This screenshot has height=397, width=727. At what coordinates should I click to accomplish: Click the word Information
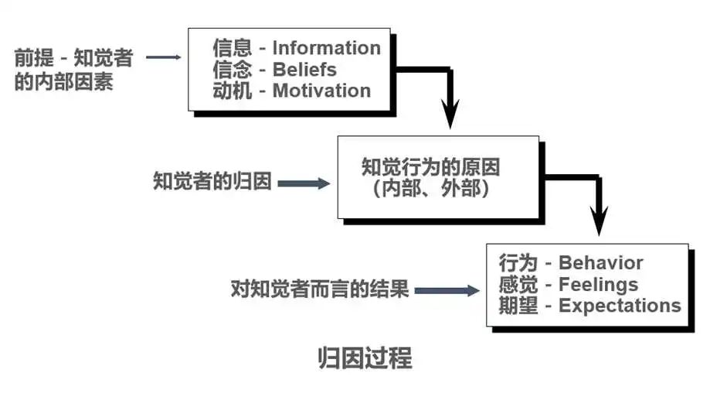point(326,48)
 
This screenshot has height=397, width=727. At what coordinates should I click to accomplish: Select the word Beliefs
point(304,69)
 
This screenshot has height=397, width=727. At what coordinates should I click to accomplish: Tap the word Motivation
point(321,91)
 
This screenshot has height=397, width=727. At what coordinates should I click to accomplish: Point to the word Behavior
point(600,263)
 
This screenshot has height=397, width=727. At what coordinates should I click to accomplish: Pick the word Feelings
point(598,284)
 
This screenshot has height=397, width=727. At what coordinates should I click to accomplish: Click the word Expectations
point(620,306)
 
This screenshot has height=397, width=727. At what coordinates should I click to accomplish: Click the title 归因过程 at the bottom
point(365,358)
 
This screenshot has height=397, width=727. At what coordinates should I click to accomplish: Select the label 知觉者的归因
point(212,183)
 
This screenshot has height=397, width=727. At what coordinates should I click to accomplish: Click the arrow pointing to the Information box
point(162,56)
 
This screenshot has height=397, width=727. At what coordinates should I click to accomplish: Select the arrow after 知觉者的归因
point(303,183)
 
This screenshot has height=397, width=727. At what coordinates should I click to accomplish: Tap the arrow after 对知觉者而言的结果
point(447,291)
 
